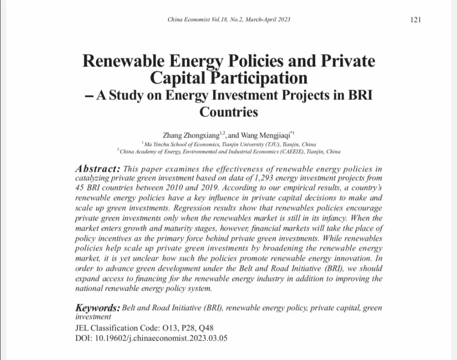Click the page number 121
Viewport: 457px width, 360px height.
click(415, 20)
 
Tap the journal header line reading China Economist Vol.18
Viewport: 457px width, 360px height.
click(229, 20)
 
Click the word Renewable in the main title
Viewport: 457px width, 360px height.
click(121, 61)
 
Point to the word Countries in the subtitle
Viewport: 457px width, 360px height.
click(228, 112)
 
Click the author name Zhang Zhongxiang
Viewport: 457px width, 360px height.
click(195, 135)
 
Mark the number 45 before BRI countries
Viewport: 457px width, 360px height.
click(79, 188)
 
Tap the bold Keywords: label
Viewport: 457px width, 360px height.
click(98, 308)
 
